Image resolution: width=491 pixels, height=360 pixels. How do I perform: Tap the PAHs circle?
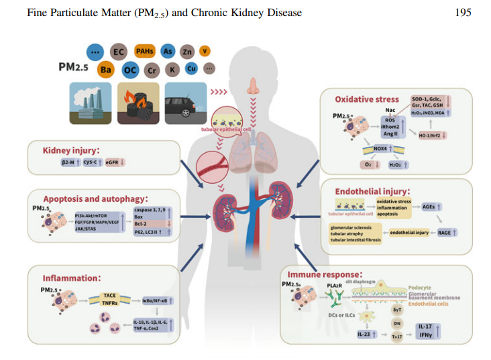(144, 51)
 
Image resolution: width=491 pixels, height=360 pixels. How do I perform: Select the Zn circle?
(188, 52)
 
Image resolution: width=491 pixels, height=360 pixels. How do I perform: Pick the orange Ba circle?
(106, 69)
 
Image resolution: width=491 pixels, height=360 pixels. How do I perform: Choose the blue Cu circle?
(190, 68)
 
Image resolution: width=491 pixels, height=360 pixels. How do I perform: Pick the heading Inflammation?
(72, 277)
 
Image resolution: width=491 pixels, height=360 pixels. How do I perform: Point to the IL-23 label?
(365, 333)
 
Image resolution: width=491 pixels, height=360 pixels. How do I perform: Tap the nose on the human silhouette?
(253, 86)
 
